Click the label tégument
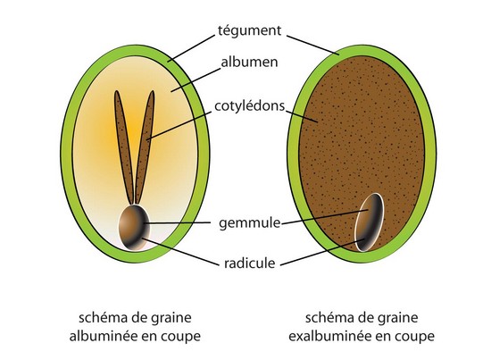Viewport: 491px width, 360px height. pos(250,31)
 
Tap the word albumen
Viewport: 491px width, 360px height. pos(250,62)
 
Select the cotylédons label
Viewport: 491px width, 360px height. pos(250,106)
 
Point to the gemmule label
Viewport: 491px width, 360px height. pos(250,223)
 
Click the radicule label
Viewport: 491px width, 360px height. pos(250,264)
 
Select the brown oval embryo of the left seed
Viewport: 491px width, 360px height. pos(134,228)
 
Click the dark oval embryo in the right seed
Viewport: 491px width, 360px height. pos(369,222)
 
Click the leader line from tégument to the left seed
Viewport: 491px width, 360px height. pos(191,48)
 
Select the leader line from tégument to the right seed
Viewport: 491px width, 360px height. pos(313,45)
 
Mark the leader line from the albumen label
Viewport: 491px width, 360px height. pos(196,80)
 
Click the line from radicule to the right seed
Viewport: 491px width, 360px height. pos(323,252)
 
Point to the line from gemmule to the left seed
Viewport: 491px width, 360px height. pos(177,222)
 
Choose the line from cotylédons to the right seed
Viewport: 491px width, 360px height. pos(302,116)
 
